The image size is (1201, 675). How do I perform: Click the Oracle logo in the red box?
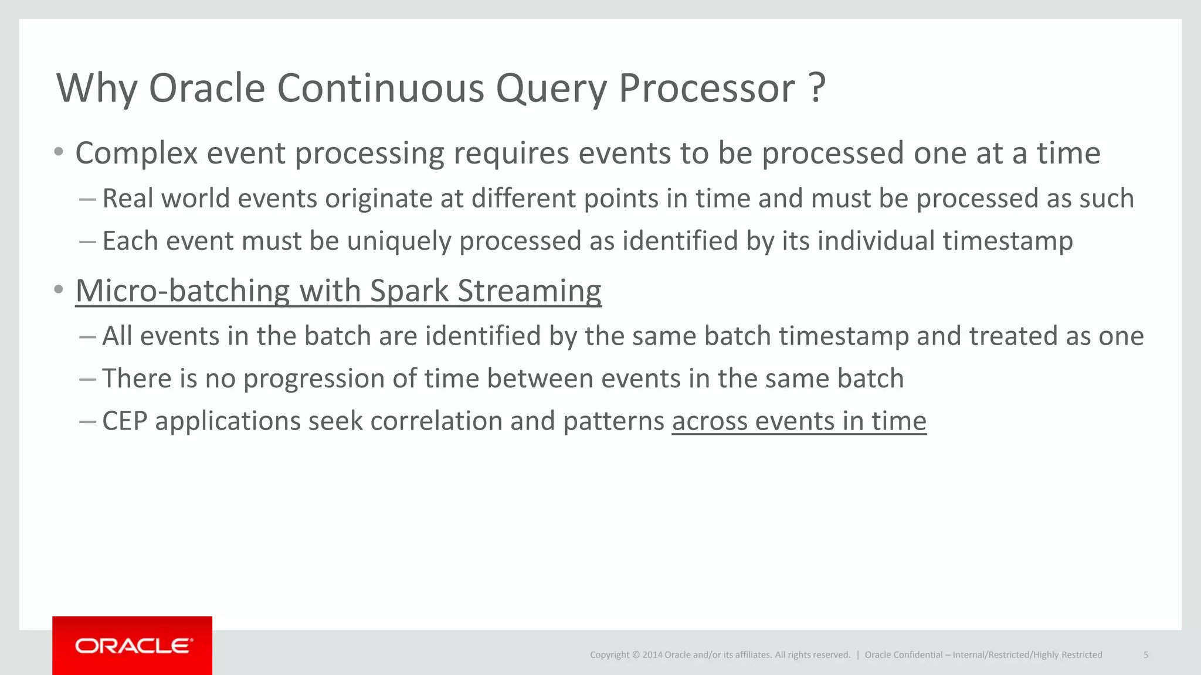[133, 646]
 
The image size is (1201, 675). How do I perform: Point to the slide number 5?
[1145, 655]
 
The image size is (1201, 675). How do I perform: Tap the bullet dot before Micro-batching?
[58, 289]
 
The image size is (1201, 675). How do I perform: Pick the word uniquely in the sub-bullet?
[399, 241]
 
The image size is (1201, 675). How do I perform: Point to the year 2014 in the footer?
[652, 655]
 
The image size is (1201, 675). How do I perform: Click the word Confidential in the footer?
[918, 655]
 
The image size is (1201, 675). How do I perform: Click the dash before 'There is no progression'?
[87, 379]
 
